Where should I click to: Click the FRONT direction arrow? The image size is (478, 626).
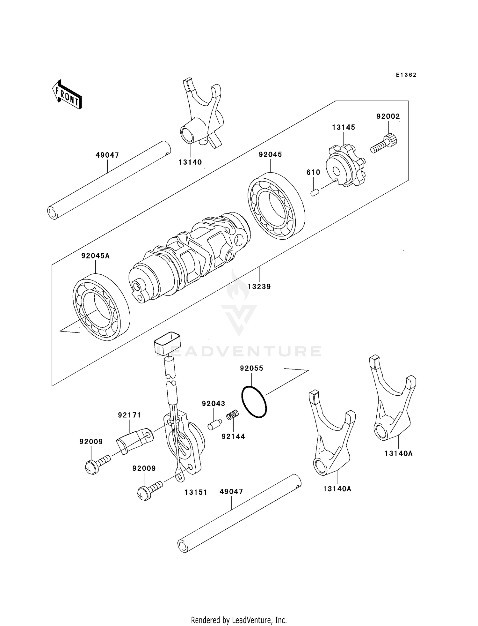67,95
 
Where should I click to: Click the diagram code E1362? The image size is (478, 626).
406,75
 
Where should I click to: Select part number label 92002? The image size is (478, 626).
388,116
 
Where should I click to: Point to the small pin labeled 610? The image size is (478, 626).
315,192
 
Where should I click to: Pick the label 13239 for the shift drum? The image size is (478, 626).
259,287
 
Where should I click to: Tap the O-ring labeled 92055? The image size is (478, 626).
254,402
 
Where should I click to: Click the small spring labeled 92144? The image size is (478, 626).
233,415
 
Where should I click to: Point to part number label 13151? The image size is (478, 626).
196,492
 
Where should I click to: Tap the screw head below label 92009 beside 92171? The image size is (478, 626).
92,468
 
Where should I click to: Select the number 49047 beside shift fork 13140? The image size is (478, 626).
107,155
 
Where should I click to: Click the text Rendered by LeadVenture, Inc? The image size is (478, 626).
239,620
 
